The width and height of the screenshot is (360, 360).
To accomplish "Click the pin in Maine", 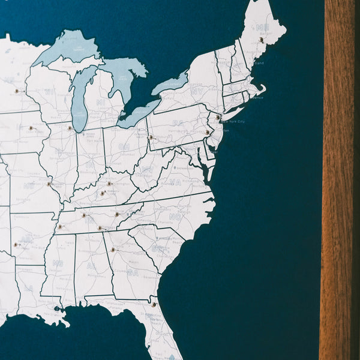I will pos(261,40).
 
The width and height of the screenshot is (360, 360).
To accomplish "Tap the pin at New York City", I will pos(218,116).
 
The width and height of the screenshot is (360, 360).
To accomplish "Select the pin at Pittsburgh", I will pos(150,137).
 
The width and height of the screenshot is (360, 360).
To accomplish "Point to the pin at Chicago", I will pos(70,128).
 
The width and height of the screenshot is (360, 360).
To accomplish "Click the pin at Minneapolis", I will pos(16,92).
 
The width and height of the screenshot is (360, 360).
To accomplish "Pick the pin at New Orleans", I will pos(57,310).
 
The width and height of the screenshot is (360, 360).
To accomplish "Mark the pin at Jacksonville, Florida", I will pos(154,304).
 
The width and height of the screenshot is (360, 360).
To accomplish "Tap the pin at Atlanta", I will pos(112,250).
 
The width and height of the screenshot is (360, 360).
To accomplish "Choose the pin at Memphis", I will pos(59,227).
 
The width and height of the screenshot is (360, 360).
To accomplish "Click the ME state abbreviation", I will pos(262,28).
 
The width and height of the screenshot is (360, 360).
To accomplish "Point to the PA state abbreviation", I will pos(178,123).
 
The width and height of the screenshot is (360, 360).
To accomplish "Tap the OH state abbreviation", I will pos(124,147).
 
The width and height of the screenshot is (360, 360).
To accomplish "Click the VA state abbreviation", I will pos(175,182).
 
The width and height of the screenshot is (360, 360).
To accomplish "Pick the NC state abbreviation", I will pos(175,217).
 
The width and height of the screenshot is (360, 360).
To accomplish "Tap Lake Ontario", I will pos(172,83).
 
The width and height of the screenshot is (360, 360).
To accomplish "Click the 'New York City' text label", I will pos(233,121).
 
